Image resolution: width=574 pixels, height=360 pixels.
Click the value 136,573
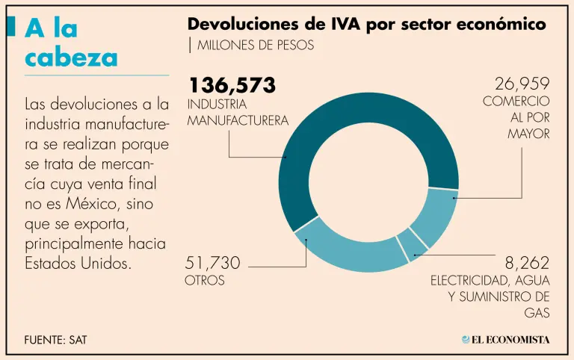click(232, 84)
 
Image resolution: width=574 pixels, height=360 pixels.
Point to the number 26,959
click(522, 84)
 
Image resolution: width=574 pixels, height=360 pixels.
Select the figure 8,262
click(527, 263)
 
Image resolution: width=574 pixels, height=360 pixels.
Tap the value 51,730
click(213, 263)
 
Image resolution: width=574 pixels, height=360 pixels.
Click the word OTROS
click(204, 281)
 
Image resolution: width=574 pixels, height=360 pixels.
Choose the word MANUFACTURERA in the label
click(238, 120)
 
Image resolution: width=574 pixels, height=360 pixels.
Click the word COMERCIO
click(516, 101)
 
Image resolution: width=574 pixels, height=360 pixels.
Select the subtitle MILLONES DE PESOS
click(255, 45)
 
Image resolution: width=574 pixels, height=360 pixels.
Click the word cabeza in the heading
click(71, 57)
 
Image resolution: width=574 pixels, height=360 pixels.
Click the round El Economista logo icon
click(466, 339)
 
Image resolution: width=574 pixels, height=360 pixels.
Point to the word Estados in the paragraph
click(53, 264)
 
